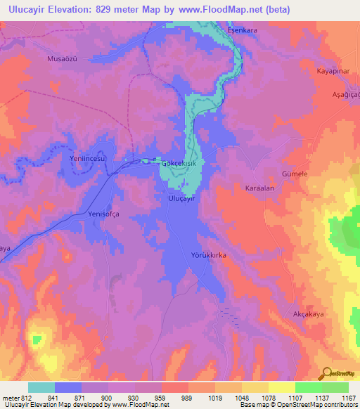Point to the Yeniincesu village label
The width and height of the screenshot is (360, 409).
(87, 160)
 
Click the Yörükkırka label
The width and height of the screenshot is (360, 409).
(208, 256)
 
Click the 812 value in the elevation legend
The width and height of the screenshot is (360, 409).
(22, 398)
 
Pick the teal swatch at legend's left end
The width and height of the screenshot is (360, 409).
(41, 387)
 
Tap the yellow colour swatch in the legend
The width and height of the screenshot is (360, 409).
(282, 387)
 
